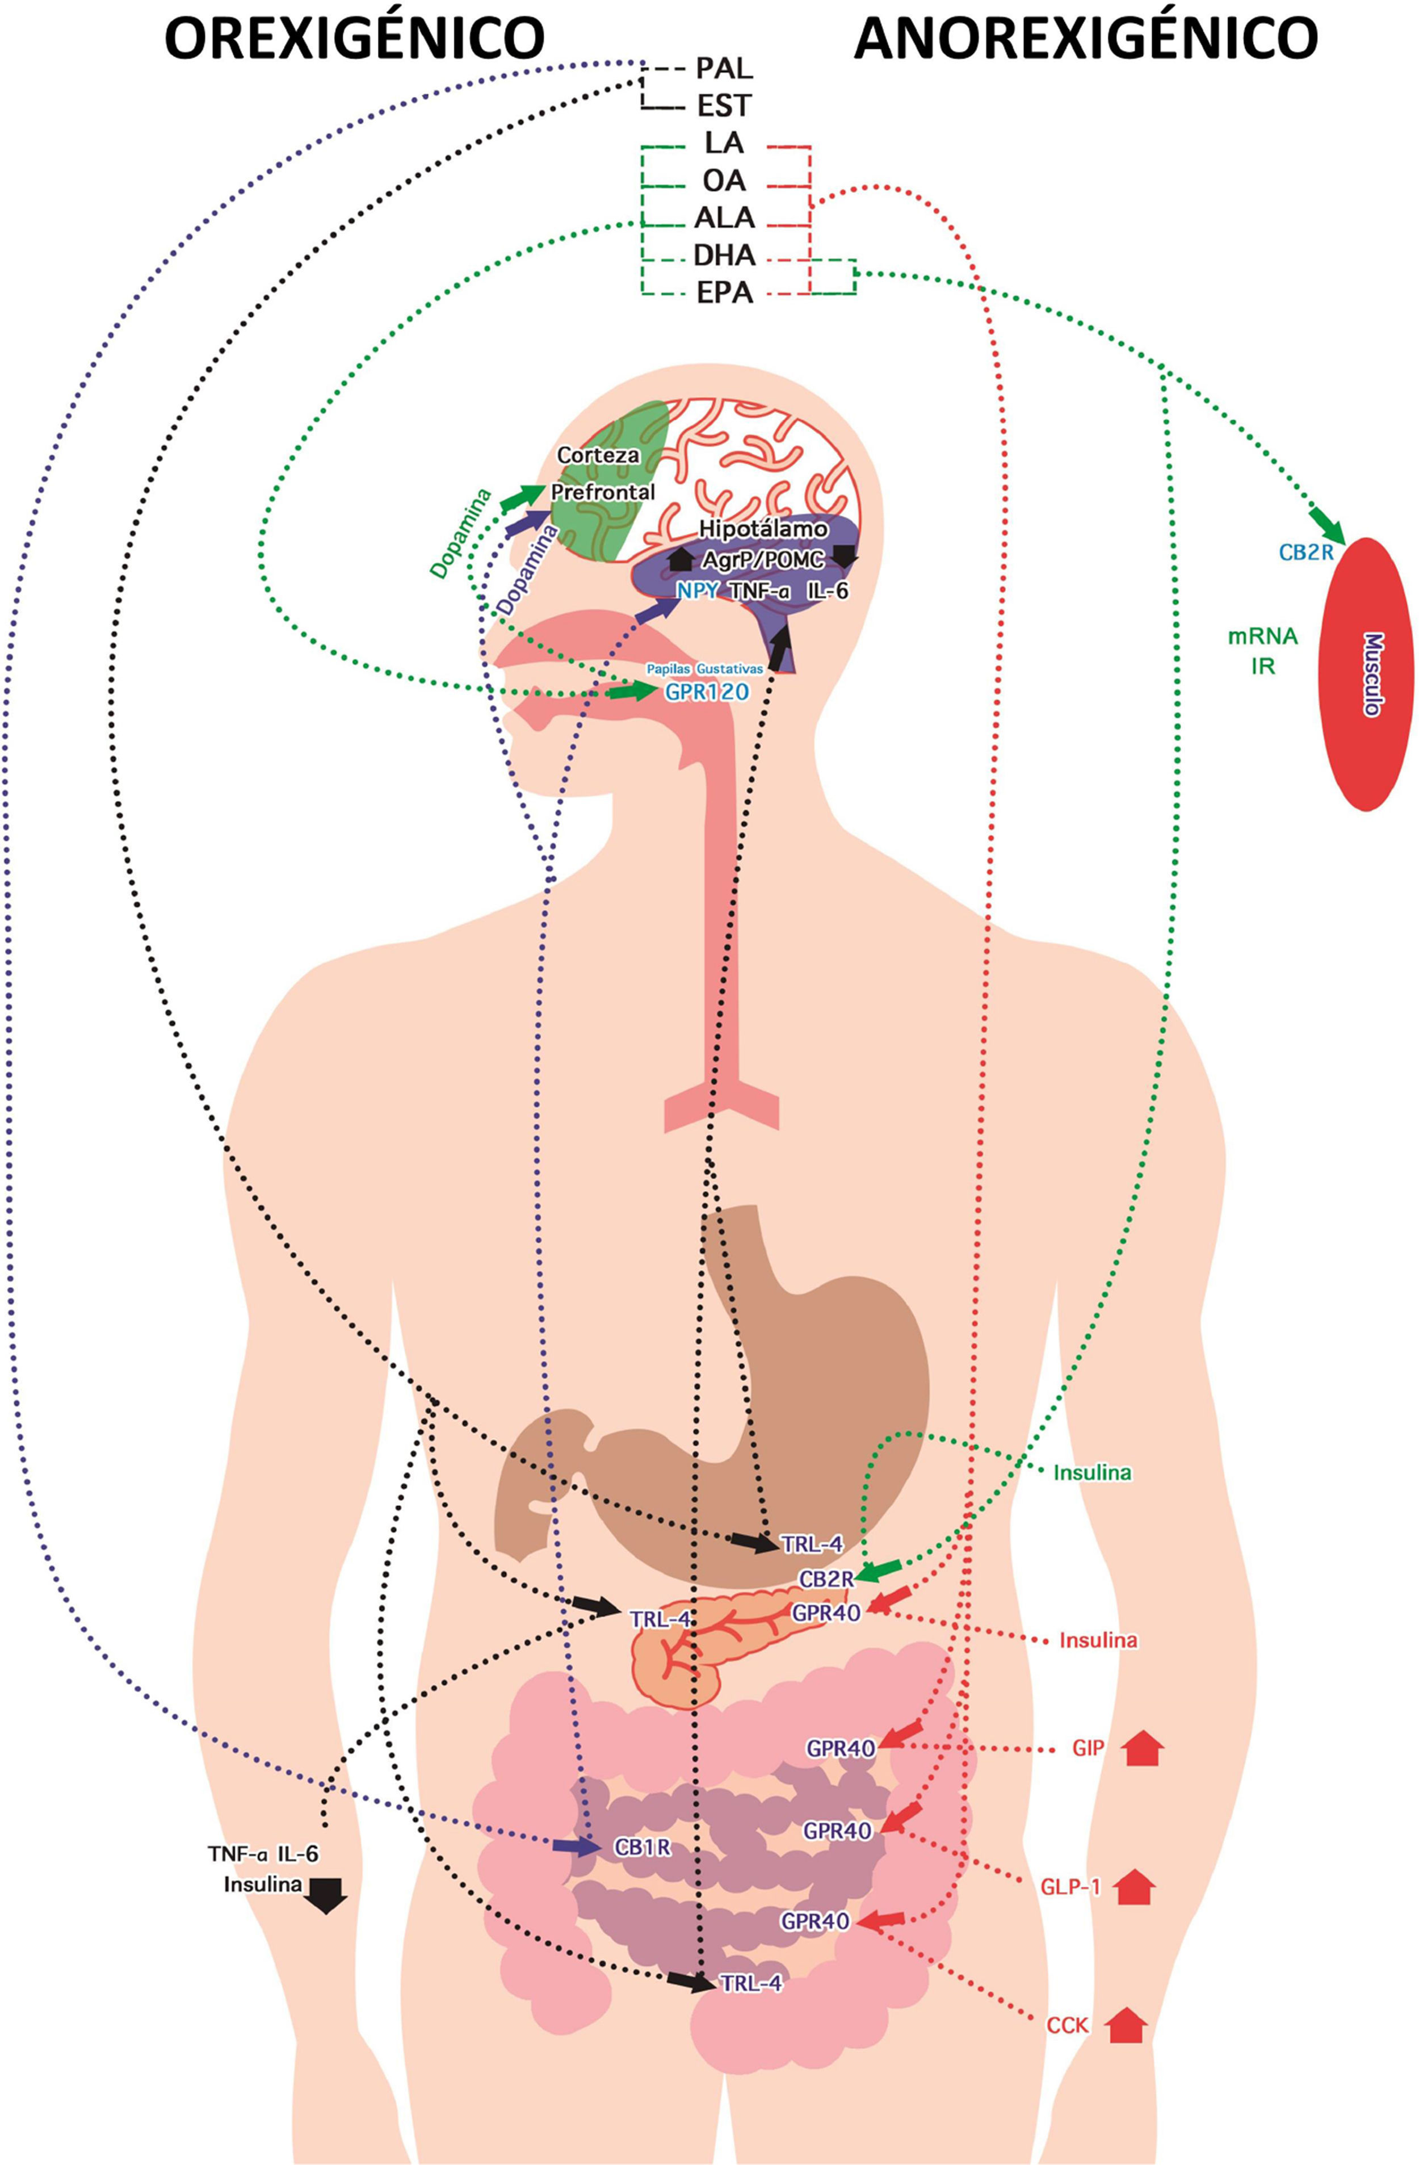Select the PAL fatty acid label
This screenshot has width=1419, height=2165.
coord(724,68)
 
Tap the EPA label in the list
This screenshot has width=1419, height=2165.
coord(724,294)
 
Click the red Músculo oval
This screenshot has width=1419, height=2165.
coord(1365,673)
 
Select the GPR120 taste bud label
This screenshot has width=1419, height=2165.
coord(707,692)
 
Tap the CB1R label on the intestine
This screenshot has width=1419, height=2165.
coord(642,1848)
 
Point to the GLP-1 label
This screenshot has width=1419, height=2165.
coord(1070,1887)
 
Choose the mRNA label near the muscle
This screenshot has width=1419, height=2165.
coord(1262,636)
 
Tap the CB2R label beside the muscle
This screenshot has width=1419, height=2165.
coord(1305,551)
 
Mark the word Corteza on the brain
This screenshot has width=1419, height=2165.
coord(598,455)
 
